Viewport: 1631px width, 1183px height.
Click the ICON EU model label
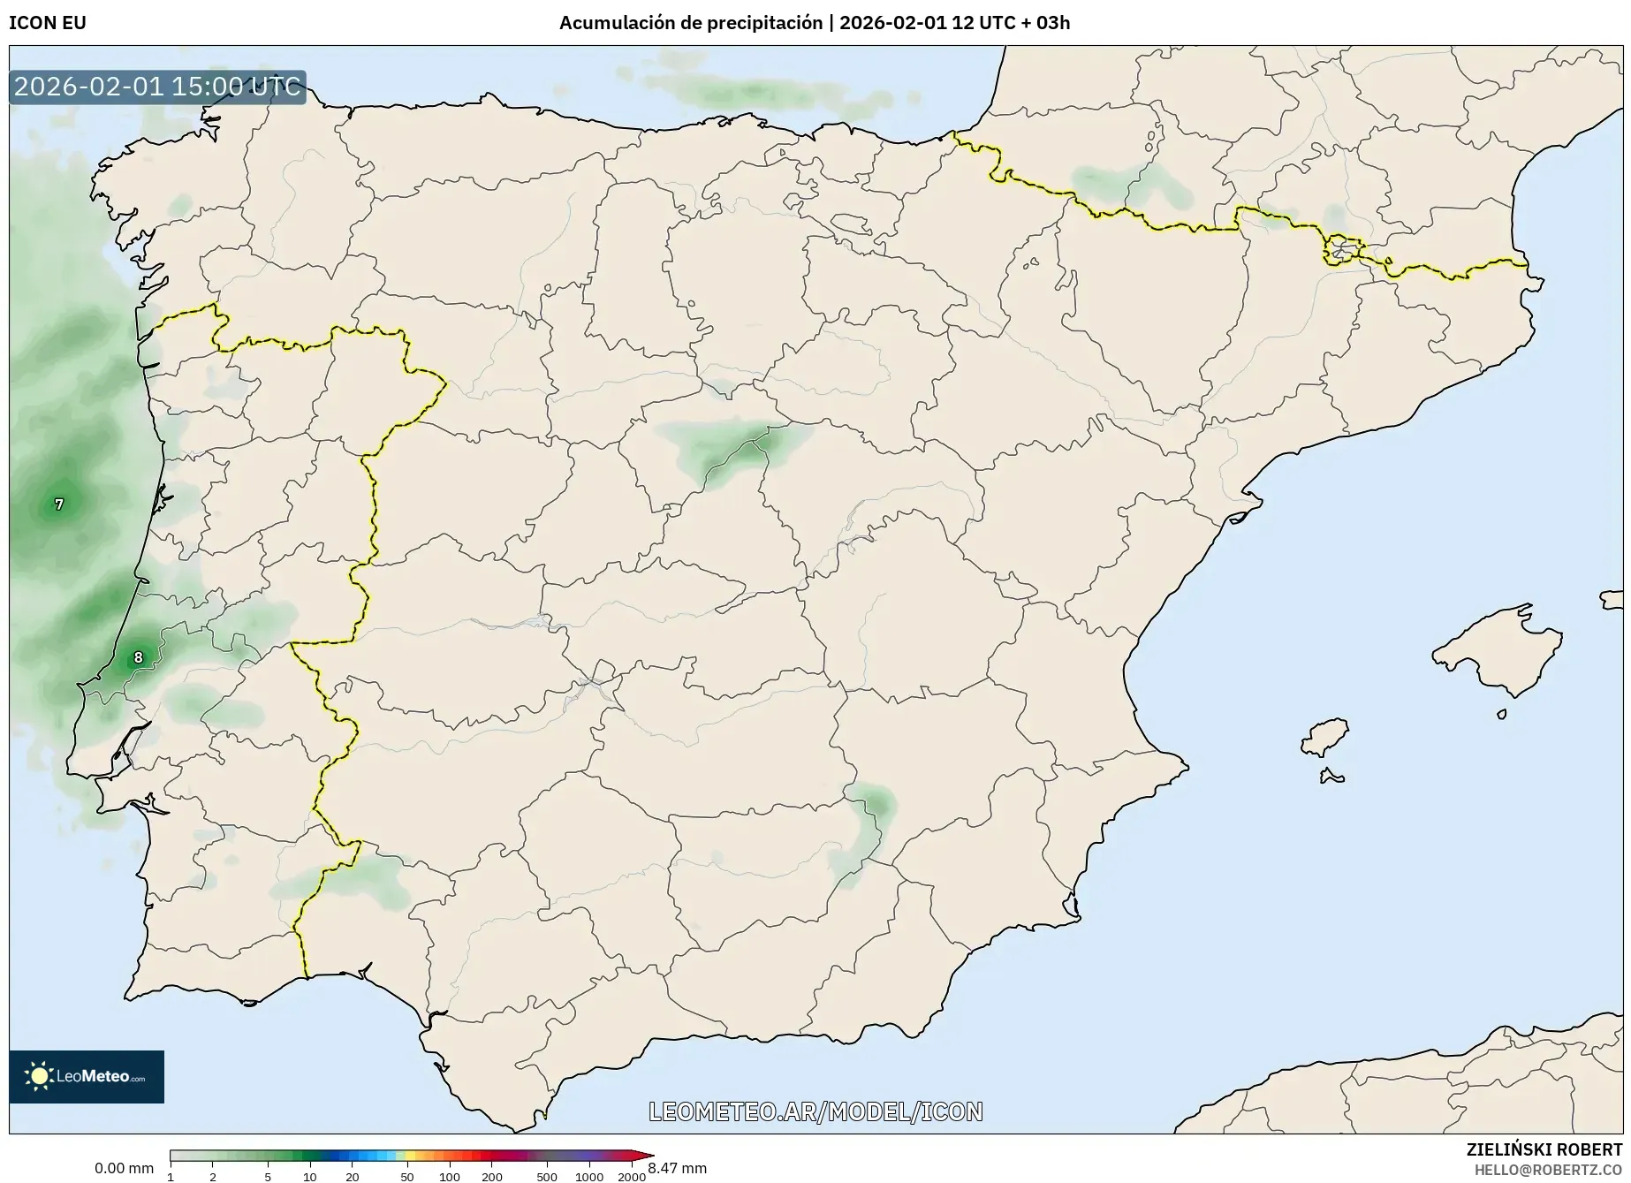48,23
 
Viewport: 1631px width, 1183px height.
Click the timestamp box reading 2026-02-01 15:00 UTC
157,87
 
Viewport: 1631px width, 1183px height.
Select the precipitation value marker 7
59,504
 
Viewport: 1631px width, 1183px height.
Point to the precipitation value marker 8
138,657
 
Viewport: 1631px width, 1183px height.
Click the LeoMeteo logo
87,1076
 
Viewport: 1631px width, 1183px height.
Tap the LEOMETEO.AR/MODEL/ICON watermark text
815,1111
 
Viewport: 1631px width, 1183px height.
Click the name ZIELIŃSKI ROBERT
1544,1149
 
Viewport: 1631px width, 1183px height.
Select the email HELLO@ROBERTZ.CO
1548,1169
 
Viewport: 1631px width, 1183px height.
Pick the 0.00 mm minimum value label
124,1168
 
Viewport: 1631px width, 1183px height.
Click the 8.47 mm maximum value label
678,1168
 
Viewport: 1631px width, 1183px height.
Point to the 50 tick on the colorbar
406,1177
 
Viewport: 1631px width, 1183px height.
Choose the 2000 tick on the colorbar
631,1177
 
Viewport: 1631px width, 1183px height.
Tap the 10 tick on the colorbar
309,1177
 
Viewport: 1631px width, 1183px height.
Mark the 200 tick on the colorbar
492,1177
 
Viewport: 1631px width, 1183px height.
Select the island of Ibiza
1326,736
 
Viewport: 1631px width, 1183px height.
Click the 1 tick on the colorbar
171,1177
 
